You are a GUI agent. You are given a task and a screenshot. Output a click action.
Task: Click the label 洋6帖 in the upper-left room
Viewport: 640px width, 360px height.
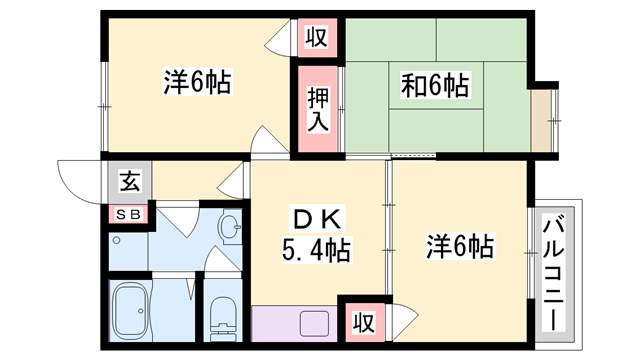coord(197,82)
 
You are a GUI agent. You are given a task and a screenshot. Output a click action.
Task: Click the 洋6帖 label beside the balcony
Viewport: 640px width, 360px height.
coord(460,244)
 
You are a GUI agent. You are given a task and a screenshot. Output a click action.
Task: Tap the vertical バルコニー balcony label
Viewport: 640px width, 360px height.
coord(553,269)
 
